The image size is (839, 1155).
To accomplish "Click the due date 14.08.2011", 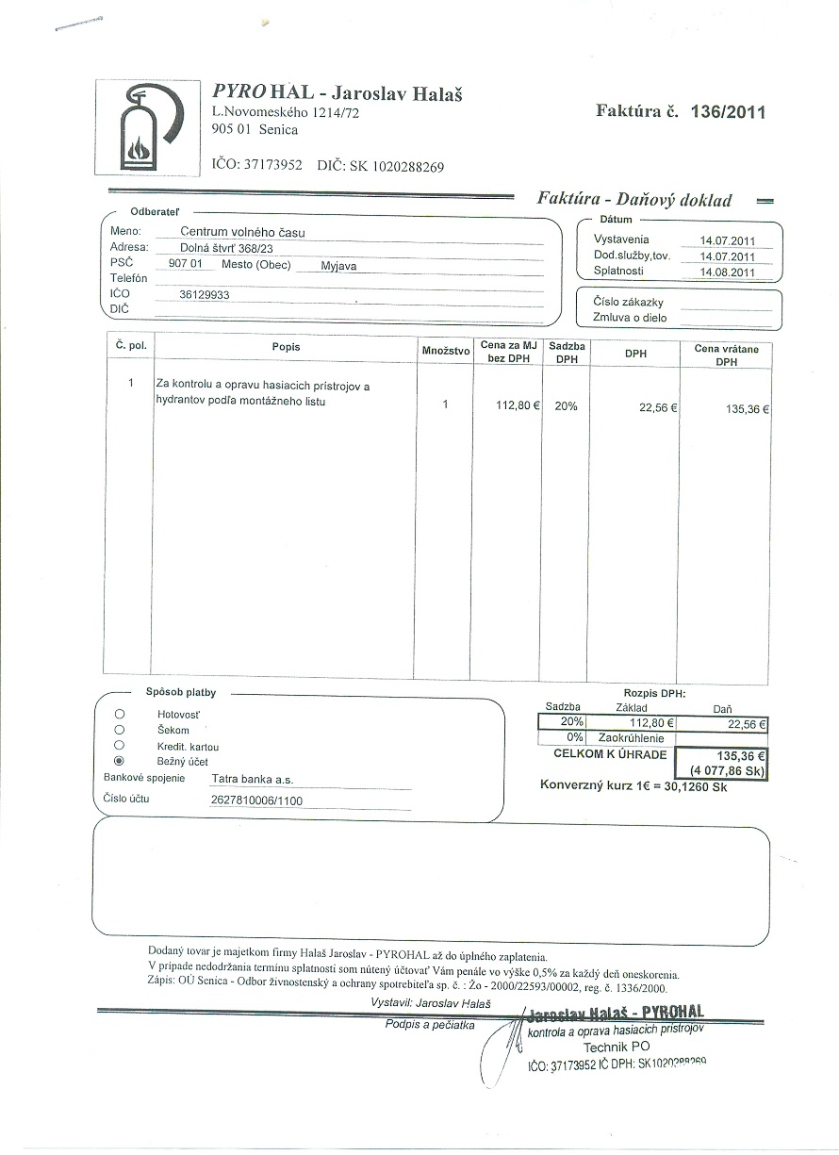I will (728, 272).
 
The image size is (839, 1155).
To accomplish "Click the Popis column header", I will (286, 347).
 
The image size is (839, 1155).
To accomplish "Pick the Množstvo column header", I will (446, 350).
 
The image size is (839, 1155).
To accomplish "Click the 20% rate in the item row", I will (566, 406).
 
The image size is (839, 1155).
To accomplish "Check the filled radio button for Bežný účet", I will (119, 760).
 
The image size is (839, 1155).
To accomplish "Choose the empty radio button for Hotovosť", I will (119, 714).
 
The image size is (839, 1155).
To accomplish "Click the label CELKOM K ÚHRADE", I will (610, 754).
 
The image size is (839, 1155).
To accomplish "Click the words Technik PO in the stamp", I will (617, 1048).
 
